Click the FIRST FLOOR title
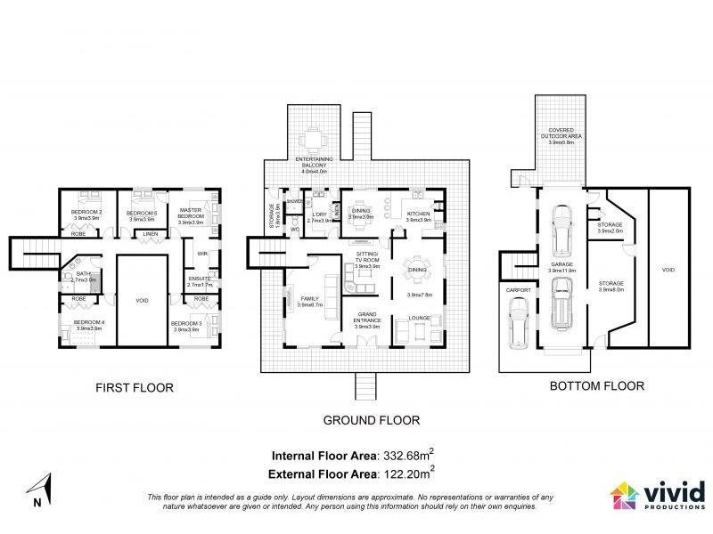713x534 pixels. (134, 387)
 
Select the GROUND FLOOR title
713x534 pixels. (372, 420)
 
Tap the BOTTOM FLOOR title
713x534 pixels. (596, 386)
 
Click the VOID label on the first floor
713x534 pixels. (141, 301)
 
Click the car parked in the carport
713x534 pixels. (517, 323)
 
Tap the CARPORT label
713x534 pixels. (516, 289)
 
